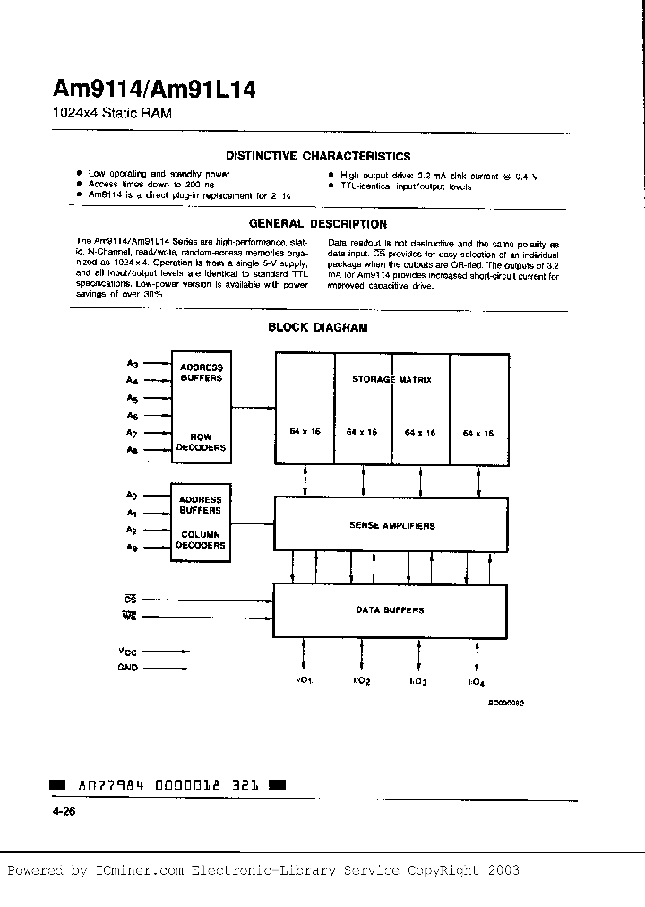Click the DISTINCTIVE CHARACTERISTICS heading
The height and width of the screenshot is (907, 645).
click(x=318, y=156)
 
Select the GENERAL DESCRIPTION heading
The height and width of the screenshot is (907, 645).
click(x=318, y=224)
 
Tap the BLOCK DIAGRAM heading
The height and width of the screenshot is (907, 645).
click(x=318, y=328)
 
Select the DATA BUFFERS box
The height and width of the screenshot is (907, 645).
click(x=390, y=609)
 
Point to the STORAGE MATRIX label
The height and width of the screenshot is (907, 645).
click(x=391, y=379)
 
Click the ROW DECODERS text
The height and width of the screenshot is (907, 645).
click(x=201, y=443)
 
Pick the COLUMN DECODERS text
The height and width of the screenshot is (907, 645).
click(x=201, y=540)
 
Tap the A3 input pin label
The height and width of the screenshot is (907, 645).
click(x=133, y=363)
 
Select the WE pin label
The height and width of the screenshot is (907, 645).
click(x=130, y=616)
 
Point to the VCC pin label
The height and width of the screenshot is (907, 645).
click(x=129, y=651)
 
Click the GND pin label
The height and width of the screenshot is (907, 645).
click(x=129, y=668)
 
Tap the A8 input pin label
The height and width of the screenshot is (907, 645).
click(x=133, y=451)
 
